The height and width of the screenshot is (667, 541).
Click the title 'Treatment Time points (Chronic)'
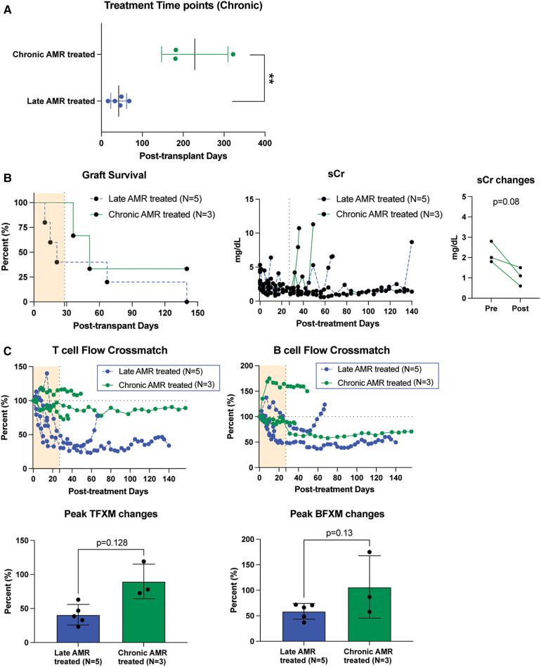point(183,7)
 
